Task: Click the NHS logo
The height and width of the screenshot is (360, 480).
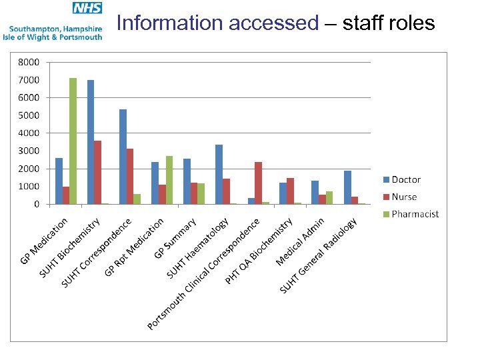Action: [87, 9]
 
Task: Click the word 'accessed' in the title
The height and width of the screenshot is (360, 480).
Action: [274, 23]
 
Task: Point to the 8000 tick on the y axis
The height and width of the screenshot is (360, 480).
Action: [29, 62]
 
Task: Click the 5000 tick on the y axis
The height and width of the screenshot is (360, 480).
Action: [29, 115]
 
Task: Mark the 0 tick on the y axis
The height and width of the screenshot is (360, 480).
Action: [36, 204]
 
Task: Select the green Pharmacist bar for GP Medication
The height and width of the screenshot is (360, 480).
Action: [73, 141]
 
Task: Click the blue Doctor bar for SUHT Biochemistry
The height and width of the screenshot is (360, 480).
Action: [91, 142]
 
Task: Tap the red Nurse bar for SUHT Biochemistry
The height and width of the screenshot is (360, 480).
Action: [98, 172]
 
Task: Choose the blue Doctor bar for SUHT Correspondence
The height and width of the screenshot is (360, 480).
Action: [123, 157]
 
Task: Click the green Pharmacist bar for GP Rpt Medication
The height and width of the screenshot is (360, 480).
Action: [169, 180]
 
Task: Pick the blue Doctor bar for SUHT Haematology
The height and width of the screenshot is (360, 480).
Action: [219, 174]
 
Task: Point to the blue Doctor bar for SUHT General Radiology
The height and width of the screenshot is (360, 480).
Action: [347, 187]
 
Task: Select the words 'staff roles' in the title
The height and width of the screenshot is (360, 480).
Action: [389, 23]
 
